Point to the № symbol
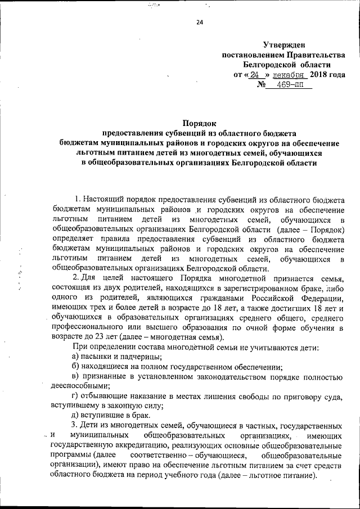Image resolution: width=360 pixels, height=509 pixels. pyautogui.click(x=261, y=85)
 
